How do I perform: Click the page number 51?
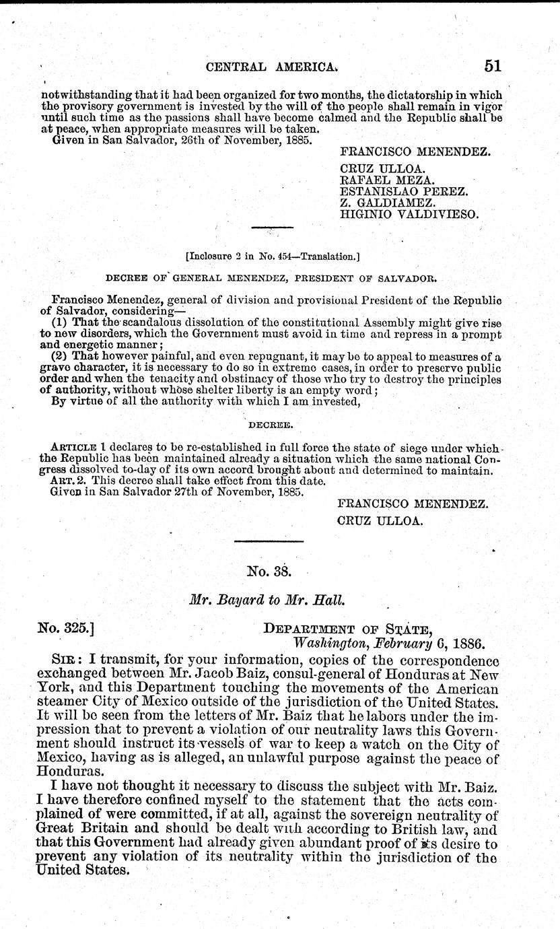492,66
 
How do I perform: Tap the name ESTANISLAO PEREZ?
404,191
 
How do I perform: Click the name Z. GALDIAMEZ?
388,203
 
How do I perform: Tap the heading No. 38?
268,572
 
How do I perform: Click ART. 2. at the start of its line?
66,481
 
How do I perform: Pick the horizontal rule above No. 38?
267,540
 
